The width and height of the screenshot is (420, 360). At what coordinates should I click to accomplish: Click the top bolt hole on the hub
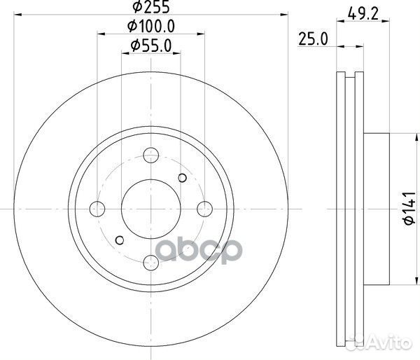click(150, 155)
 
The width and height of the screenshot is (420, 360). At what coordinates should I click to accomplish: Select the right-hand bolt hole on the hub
click(204, 208)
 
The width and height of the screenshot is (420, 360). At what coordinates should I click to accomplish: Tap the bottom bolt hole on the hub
click(150, 262)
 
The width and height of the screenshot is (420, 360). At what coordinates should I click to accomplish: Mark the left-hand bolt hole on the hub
click(97, 209)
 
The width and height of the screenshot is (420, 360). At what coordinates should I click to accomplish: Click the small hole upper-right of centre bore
click(183, 176)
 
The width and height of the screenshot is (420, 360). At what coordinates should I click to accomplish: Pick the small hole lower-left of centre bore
click(118, 240)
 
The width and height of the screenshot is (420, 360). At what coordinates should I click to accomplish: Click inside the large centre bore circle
click(150, 208)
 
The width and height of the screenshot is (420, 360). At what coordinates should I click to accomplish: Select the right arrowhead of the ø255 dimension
click(285, 14)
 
